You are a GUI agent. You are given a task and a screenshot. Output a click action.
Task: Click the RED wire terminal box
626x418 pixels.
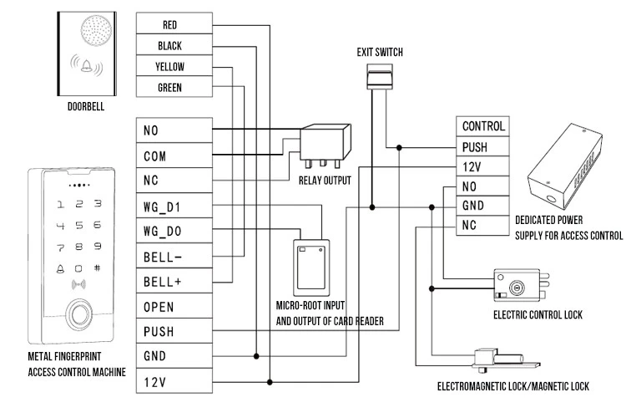pyautogui.click(x=174, y=23)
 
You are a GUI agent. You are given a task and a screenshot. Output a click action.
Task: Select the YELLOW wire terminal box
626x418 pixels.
pyautogui.click(x=174, y=65)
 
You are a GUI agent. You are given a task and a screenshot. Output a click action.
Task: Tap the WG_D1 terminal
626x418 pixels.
pyautogui.click(x=174, y=206)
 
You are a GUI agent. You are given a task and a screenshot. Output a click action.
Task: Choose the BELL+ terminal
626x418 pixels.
pyautogui.click(x=174, y=281)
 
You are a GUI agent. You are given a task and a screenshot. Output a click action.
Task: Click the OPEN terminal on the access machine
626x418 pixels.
pyautogui.click(x=174, y=306)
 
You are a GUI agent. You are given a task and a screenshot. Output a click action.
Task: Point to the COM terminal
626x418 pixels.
pyautogui.click(x=174, y=155)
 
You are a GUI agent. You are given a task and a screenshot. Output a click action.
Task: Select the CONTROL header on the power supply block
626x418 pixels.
pyautogui.click(x=482, y=126)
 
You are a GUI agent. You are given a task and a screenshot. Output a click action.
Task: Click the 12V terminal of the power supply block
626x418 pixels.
pyautogui.click(x=482, y=166)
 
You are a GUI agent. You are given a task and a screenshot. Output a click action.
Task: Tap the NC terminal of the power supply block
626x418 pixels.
pyautogui.click(x=482, y=226)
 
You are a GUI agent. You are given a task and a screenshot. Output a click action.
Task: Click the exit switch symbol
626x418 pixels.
pyautogui.click(x=380, y=76)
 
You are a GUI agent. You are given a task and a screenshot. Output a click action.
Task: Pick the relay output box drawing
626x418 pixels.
pyautogui.click(x=326, y=145)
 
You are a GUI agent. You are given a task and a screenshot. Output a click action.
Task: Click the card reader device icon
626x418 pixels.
pyautogui.click(x=311, y=268)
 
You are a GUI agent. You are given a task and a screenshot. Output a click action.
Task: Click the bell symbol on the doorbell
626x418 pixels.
pyautogui.click(x=86, y=65)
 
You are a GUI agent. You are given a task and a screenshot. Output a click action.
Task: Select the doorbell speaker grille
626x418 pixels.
pyautogui.click(x=96, y=30)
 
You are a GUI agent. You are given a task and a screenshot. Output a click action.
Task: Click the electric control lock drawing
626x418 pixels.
pyautogui.click(x=522, y=285)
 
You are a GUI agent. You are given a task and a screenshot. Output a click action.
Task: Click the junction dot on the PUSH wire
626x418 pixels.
pyautogui.click(x=399, y=148)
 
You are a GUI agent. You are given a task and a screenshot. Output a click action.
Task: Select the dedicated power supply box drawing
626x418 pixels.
pyautogui.click(x=565, y=166)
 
